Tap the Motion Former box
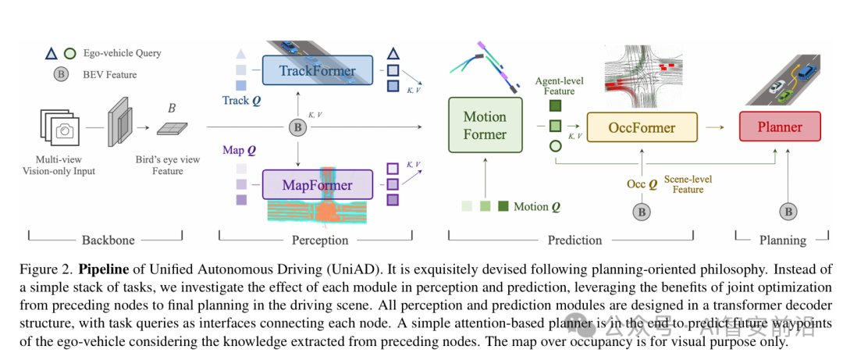pos(485,126)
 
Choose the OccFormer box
pos(642,127)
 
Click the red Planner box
pos(780,127)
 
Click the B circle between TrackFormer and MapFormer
pos(297,127)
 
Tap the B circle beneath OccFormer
pos(642,211)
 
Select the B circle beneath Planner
pos(788,211)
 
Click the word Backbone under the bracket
pos(108,240)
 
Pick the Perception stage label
pos(319,240)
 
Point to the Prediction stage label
pos(574,240)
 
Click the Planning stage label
pos(783,240)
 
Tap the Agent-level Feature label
pos(559,86)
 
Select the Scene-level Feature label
pos(688,184)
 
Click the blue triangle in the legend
pos(51,53)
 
